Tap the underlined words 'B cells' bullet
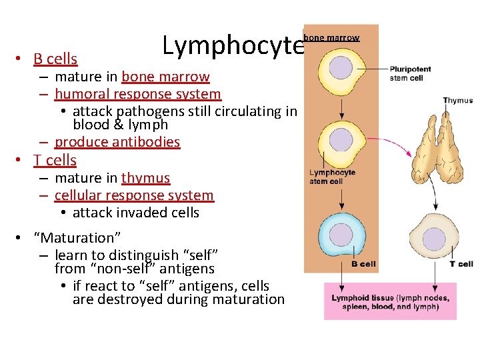point(55,59)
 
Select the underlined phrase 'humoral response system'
point(137,95)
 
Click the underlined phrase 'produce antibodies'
point(117,141)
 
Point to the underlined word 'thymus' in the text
point(145,178)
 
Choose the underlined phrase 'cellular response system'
point(134,195)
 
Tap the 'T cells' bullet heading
point(55,160)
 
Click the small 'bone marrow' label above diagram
point(331,38)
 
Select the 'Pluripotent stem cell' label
point(410,73)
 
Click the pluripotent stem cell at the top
point(341,69)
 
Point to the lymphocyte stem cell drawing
point(341,141)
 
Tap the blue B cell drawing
point(341,235)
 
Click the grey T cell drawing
point(434,238)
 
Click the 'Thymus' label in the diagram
point(457,101)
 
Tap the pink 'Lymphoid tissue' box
point(390,301)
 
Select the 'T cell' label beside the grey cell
point(461,264)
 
